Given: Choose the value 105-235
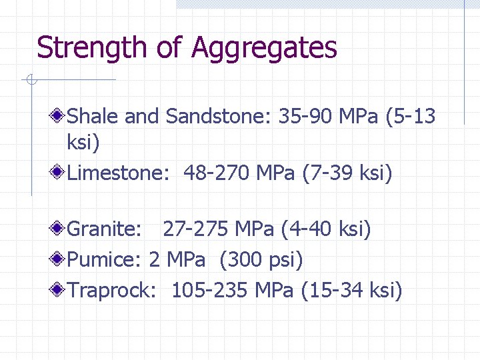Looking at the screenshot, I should coord(209,290).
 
